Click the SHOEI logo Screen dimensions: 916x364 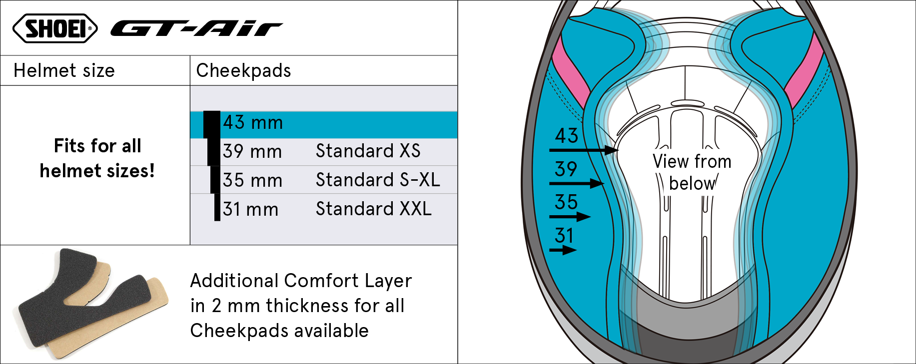click(x=55, y=28)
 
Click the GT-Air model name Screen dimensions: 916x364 click(x=196, y=29)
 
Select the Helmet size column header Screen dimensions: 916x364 click(x=64, y=70)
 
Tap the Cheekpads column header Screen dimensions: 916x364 click(x=243, y=70)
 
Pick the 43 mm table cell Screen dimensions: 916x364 click(x=253, y=123)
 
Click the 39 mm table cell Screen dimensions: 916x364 click(x=252, y=151)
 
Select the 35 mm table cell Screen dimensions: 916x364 click(x=252, y=180)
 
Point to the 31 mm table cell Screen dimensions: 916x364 click(x=250, y=209)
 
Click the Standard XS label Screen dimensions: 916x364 click(x=368, y=151)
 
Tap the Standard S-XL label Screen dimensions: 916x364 click(x=378, y=180)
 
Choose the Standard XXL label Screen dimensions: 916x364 click(x=373, y=209)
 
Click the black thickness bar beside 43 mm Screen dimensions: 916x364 click(x=212, y=124)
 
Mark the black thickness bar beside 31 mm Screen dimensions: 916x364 click(x=217, y=207)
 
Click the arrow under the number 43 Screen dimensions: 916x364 click(x=584, y=150)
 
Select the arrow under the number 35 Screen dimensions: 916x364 click(x=570, y=217)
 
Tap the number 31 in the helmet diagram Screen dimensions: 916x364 click(x=564, y=235)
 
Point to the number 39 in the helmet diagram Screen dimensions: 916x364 click(x=566, y=169)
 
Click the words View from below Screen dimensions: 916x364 click(x=692, y=172)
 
